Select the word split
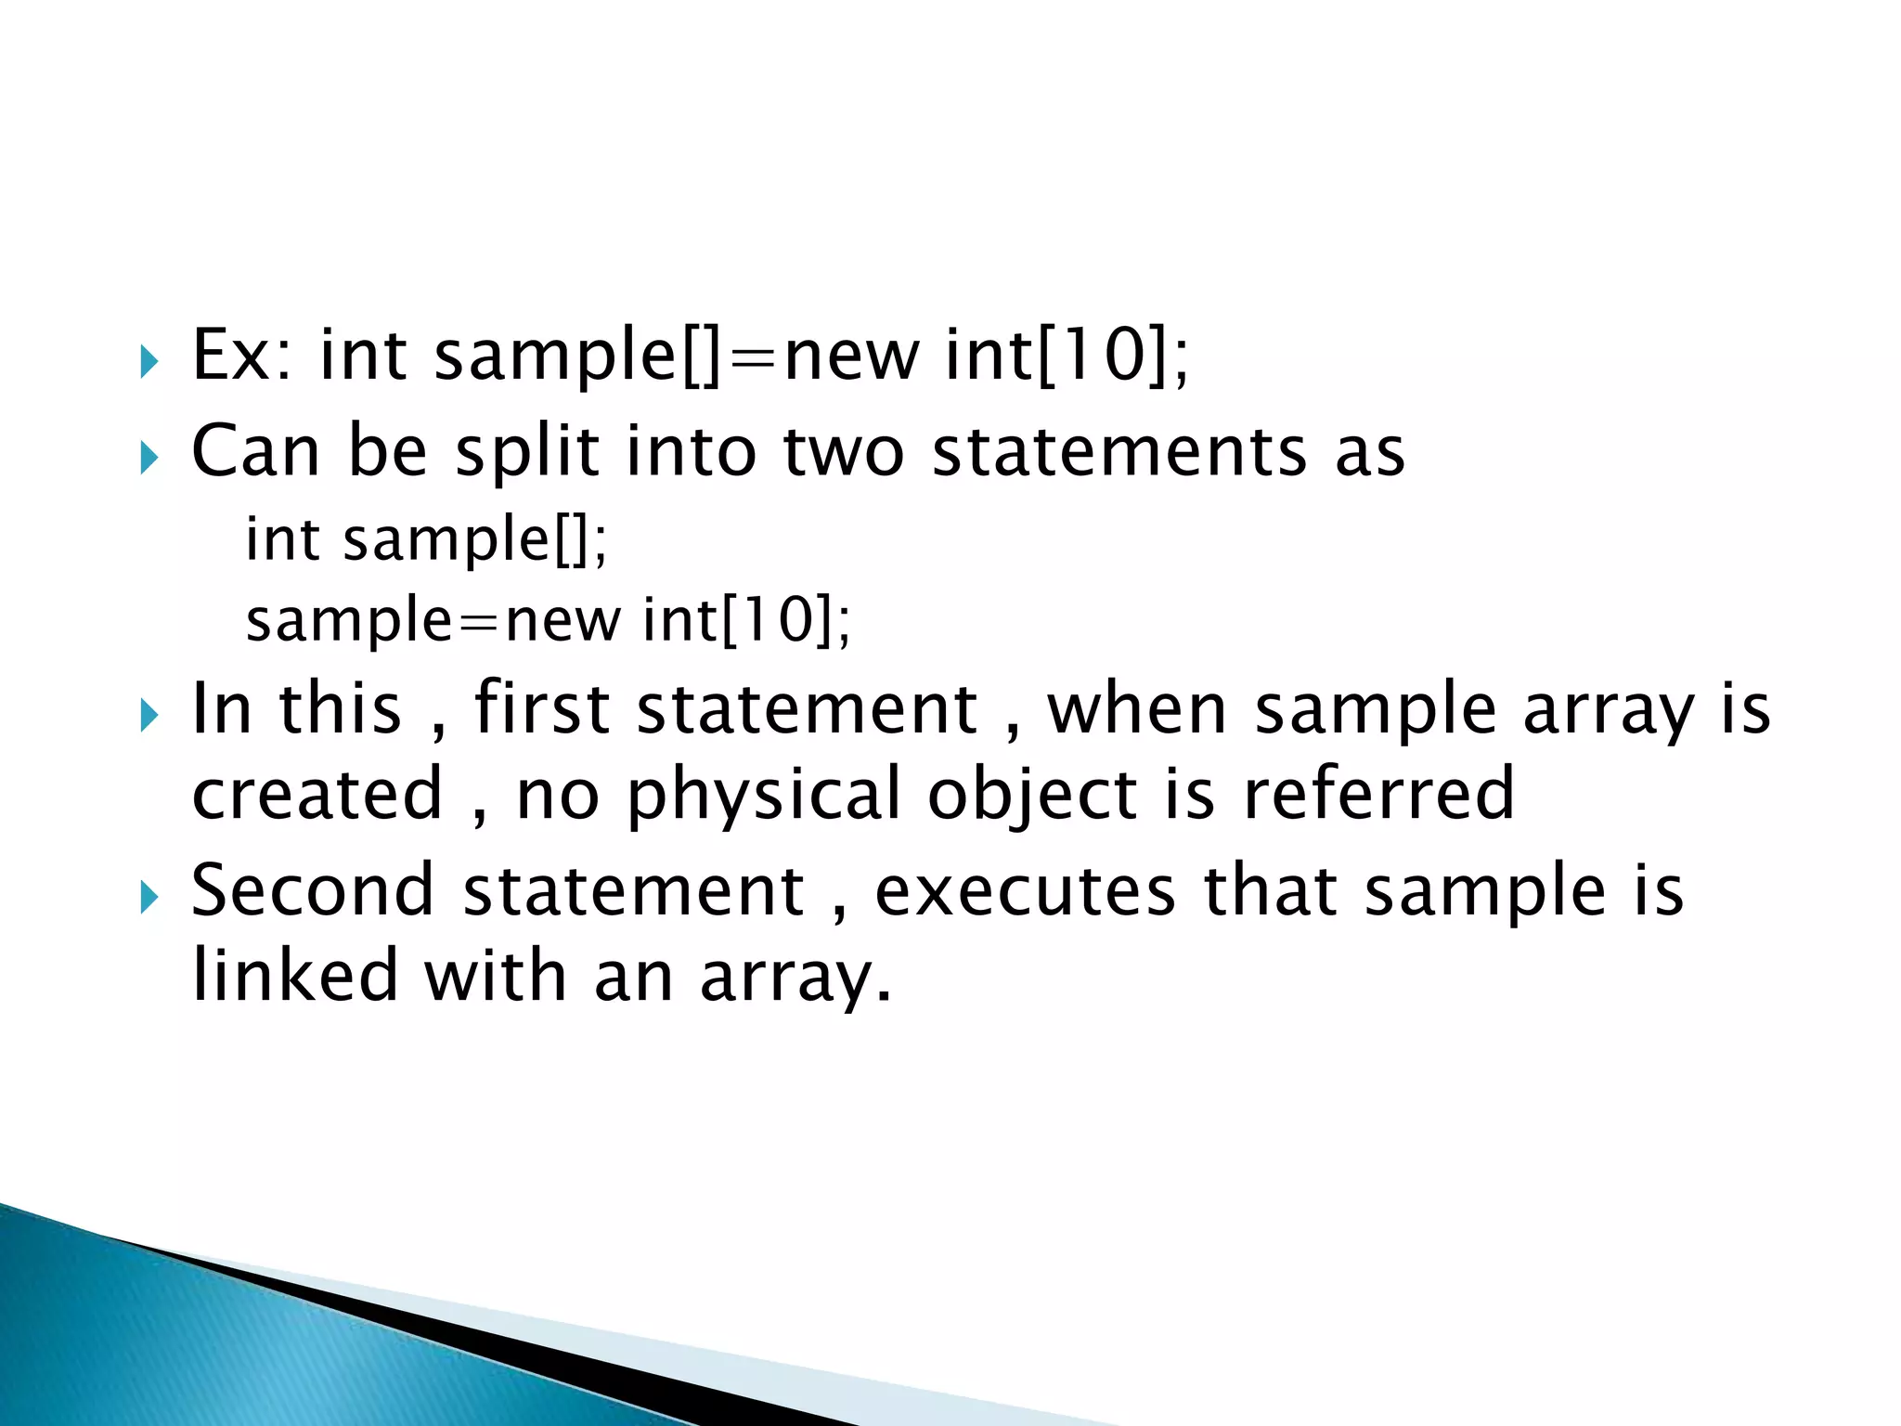527,452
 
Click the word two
843,452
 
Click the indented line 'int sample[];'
426,539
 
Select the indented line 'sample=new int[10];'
548,620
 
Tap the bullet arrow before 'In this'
149,716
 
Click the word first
542,710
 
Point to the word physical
764,797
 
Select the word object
1032,797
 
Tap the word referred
1378,795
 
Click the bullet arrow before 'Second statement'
149,898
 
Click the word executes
1025,891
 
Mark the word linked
295,977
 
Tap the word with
495,977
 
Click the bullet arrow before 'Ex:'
149,361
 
